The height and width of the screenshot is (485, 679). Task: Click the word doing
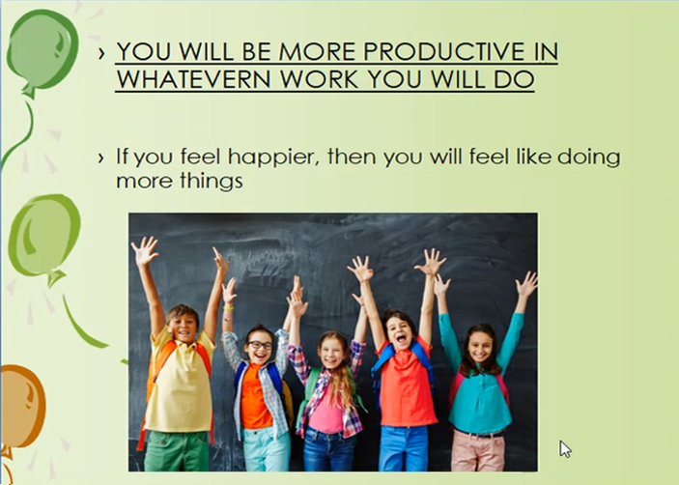(x=588, y=157)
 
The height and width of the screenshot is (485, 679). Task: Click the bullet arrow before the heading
(x=101, y=53)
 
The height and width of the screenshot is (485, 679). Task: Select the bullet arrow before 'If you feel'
(x=101, y=158)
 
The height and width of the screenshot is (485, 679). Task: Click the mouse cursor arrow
(x=565, y=449)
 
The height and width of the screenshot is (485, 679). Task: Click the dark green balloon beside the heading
(x=42, y=50)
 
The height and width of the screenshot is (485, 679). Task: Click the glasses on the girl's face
(x=261, y=345)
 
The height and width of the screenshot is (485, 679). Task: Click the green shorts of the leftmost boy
(x=177, y=451)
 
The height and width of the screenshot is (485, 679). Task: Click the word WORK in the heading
(x=319, y=79)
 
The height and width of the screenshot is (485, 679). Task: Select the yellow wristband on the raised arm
(x=228, y=308)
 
